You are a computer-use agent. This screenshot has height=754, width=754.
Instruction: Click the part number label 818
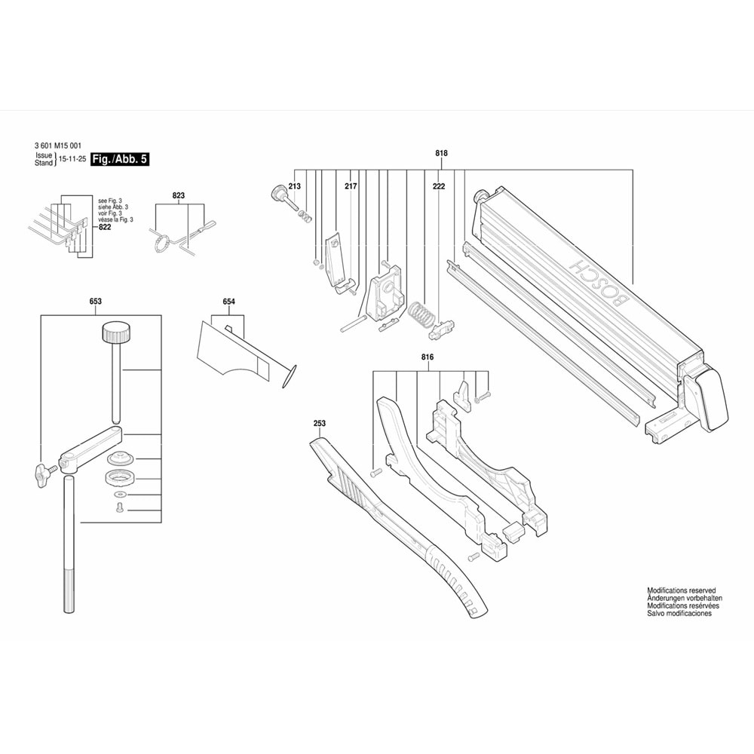click(441, 154)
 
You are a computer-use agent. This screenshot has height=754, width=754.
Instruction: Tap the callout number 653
click(95, 302)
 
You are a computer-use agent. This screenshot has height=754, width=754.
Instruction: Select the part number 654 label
click(228, 302)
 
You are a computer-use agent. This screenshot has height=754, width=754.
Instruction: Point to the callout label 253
click(319, 425)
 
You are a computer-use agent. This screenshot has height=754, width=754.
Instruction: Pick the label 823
click(178, 195)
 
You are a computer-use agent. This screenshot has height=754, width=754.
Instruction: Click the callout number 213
click(294, 185)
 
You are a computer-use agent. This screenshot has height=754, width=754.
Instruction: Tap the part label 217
click(351, 185)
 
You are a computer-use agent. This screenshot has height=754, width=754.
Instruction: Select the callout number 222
click(439, 185)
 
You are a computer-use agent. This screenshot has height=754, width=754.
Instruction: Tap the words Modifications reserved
click(681, 591)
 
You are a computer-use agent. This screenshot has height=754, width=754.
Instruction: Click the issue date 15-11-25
click(72, 160)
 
